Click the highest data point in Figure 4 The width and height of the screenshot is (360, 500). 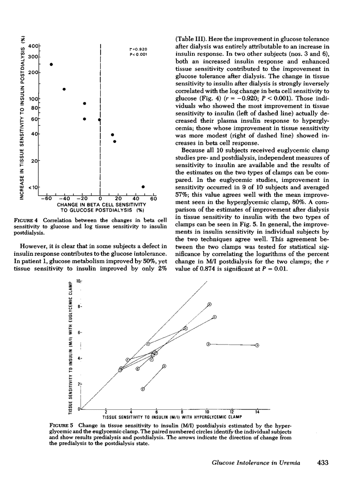click(x=51, y=65)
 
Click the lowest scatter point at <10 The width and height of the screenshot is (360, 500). click(x=143, y=187)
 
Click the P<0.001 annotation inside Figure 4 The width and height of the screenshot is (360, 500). click(x=137, y=54)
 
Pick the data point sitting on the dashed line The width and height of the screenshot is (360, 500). click(x=99, y=119)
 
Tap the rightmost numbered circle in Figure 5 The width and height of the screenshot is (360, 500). click(x=257, y=345)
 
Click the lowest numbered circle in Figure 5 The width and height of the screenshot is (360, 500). click(x=143, y=389)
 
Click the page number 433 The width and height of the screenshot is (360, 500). click(x=323, y=463)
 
